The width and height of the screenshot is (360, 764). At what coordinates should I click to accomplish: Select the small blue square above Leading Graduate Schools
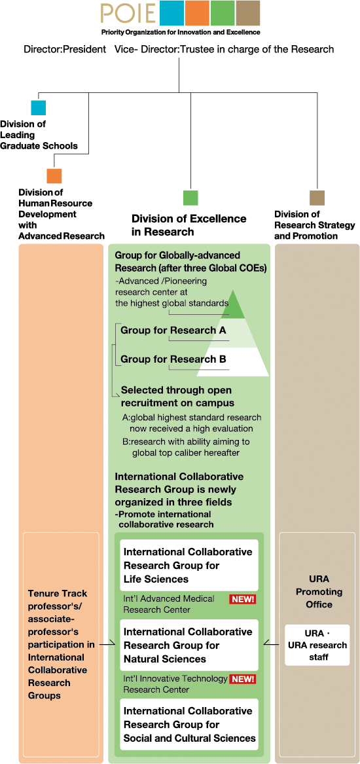[x=39, y=107]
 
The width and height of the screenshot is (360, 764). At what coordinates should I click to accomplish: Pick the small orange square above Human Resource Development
[x=54, y=175]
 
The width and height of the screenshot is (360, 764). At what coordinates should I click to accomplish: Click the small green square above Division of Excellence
[x=190, y=197]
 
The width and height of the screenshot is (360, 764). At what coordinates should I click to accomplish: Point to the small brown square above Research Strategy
[x=317, y=197]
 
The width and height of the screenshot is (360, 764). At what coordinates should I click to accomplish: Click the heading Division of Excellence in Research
[x=189, y=225]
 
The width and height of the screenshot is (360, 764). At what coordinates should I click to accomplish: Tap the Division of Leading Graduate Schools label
[x=39, y=134]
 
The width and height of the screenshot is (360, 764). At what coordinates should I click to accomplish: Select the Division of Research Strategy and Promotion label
[x=306, y=225]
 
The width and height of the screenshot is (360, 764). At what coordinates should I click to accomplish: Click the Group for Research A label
[x=173, y=331]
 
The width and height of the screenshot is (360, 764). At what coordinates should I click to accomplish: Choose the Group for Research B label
[x=173, y=359]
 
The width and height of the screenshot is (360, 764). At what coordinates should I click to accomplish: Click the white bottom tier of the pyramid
[x=233, y=361]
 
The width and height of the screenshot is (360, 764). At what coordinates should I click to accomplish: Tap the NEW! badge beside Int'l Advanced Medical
[x=243, y=599]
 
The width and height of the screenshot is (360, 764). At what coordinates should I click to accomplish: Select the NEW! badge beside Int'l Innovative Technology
[x=243, y=678]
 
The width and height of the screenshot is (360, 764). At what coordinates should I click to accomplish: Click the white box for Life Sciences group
[x=189, y=565]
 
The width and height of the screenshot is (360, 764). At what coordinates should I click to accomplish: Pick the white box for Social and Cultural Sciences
[x=189, y=724]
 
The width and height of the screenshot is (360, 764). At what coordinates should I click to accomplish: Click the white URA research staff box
[x=317, y=645]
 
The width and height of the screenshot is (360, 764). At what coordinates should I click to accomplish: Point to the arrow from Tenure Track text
[x=107, y=645]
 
